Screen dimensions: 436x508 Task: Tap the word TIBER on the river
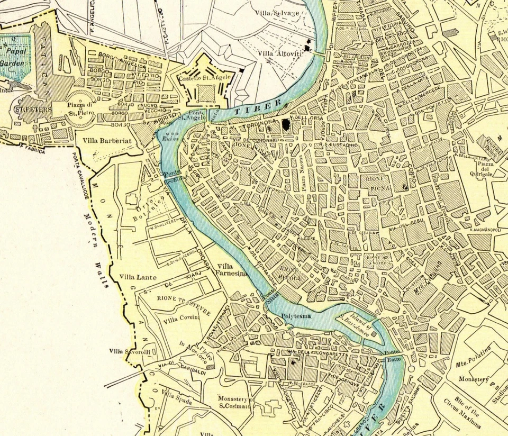click(252, 108)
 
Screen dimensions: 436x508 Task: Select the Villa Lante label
click(134, 277)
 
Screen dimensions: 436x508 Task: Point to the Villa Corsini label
click(182, 319)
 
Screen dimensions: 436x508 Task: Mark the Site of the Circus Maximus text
click(462, 412)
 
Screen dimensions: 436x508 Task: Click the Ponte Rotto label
click(392, 356)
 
